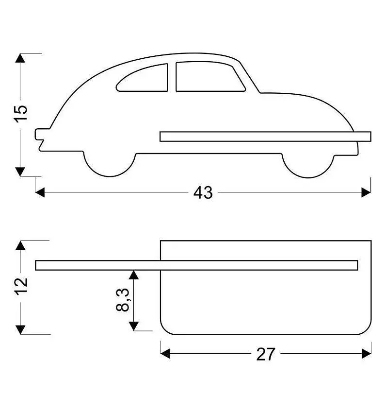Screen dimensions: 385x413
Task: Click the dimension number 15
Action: (x=20, y=114)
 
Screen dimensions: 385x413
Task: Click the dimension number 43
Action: (x=203, y=192)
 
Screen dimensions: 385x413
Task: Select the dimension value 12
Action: (x=21, y=286)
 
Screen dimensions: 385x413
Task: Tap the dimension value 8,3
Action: (x=123, y=300)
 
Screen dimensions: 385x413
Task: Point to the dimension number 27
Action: (x=266, y=354)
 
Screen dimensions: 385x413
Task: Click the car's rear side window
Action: (x=142, y=78)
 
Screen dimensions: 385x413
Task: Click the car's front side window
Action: (x=210, y=77)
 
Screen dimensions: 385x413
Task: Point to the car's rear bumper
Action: (x=39, y=135)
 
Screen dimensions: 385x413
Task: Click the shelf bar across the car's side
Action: (x=265, y=137)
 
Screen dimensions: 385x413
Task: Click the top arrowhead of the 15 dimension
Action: (x=20, y=58)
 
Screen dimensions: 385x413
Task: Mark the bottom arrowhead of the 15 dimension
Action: (x=20, y=172)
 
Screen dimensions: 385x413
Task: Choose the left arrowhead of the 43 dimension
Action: (x=40, y=192)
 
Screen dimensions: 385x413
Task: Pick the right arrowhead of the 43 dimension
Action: (x=366, y=192)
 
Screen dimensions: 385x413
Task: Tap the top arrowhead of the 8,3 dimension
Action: (x=134, y=275)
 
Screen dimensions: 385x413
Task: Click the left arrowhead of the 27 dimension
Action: (x=165, y=353)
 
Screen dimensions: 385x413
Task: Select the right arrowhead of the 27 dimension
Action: (x=367, y=353)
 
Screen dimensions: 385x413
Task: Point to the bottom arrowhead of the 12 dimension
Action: (x=20, y=330)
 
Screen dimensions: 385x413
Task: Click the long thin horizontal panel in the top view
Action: (x=196, y=265)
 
